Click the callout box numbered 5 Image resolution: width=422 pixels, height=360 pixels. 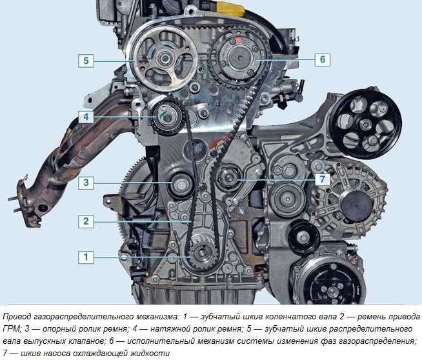[86, 61]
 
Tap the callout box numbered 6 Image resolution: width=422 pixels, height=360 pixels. [323, 59]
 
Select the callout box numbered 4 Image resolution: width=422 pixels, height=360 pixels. [86, 117]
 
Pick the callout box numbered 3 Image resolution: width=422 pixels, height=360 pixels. [86, 183]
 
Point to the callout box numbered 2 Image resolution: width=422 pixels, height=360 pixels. [86, 221]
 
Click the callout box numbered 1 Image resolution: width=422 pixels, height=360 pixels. [86, 257]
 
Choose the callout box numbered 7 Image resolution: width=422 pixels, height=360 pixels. [323, 179]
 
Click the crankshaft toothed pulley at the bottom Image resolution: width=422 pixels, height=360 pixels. [203, 253]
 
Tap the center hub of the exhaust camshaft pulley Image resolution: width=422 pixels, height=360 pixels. [164, 59]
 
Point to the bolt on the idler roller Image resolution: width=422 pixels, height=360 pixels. [181, 185]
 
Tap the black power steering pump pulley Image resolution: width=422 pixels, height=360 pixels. [366, 124]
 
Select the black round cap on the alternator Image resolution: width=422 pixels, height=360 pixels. [356, 205]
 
